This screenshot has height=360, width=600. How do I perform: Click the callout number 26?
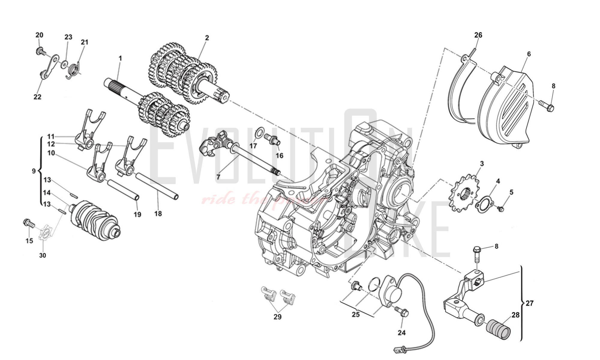[x=478, y=35]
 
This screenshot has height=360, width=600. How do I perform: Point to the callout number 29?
[x=277, y=316]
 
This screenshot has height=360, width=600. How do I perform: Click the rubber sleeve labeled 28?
[x=498, y=328]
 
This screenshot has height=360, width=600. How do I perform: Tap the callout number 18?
[x=158, y=214]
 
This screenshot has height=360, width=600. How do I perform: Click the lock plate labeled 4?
[x=484, y=201]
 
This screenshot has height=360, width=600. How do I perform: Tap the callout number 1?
[x=120, y=58]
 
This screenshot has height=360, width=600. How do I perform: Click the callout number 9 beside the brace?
[x=34, y=171]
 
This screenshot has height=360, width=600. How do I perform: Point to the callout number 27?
[x=530, y=303]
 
